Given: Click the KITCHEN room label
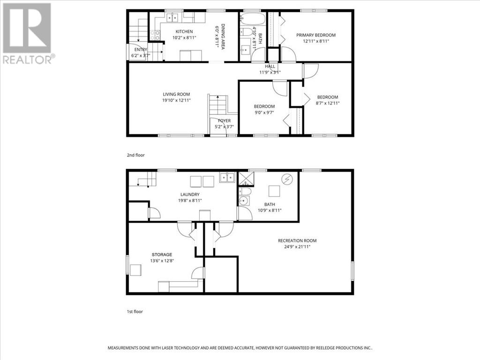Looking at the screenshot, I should [x=184, y=31].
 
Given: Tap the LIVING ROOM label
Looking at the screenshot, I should [x=176, y=94].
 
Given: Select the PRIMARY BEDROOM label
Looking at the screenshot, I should [x=315, y=35].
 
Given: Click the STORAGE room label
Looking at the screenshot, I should [x=161, y=255].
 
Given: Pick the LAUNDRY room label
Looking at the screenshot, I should [x=190, y=195].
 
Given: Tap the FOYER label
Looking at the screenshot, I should [x=224, y=121].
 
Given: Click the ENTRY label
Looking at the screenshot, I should [x=141, y=50].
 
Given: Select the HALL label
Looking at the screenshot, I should [x=270, y=67].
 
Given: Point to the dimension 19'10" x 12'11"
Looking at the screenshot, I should [x=176, y=100].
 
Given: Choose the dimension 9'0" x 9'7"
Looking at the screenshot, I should [x=264, y=112].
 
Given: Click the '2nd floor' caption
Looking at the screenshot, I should [x=135, y=154].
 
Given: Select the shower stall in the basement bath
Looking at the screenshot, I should [x=245, y=179].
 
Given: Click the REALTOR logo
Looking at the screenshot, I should [x=28, y=33].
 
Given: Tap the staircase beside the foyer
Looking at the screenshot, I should [x=218, y=105].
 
